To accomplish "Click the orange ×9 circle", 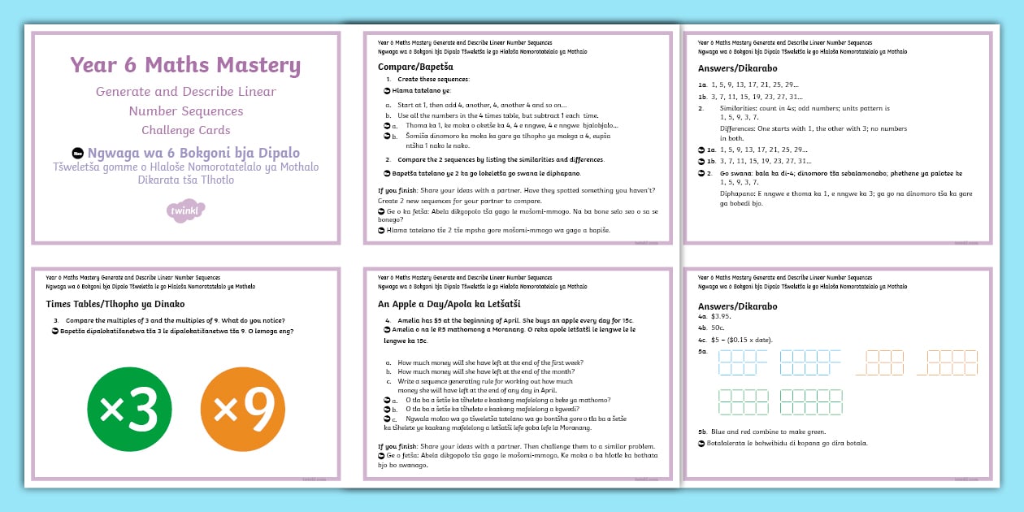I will [242, 410].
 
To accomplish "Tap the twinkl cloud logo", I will [185, 211].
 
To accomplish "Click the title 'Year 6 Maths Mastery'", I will [185, 66].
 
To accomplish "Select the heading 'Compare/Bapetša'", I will [415, 67].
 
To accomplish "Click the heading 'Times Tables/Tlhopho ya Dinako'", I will [118, 304].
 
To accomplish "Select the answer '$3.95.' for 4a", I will [722, 316].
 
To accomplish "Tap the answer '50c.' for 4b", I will [718, 328].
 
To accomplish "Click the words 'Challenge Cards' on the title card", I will [185, 130].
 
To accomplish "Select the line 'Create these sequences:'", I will [433, 79].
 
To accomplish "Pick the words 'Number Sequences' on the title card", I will [185, 111].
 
